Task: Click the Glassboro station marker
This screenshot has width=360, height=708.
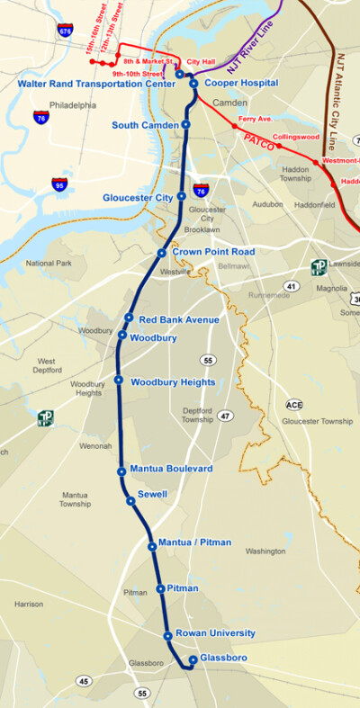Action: [193, 659]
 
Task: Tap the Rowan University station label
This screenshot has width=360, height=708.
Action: [215, 633]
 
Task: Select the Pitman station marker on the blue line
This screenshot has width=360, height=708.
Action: [160, 588]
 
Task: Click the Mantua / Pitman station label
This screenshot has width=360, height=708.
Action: [194, 542]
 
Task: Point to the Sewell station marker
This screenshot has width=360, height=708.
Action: [130, 501]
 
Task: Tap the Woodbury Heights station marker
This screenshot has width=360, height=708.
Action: [119, 381]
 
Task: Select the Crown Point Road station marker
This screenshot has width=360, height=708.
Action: [162, 253]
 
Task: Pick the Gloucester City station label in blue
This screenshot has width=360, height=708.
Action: [139, 196]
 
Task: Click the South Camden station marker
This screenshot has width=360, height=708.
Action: [185, 124]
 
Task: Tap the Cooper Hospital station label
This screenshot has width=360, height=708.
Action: [241, 83]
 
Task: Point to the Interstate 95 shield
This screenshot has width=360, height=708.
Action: [59, 184]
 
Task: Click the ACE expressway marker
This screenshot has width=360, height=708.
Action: [294, 405]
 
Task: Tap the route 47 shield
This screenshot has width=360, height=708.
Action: [224, 416]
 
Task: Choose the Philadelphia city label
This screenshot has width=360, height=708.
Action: [74, 104]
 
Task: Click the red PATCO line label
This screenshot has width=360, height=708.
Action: [259, 140]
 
